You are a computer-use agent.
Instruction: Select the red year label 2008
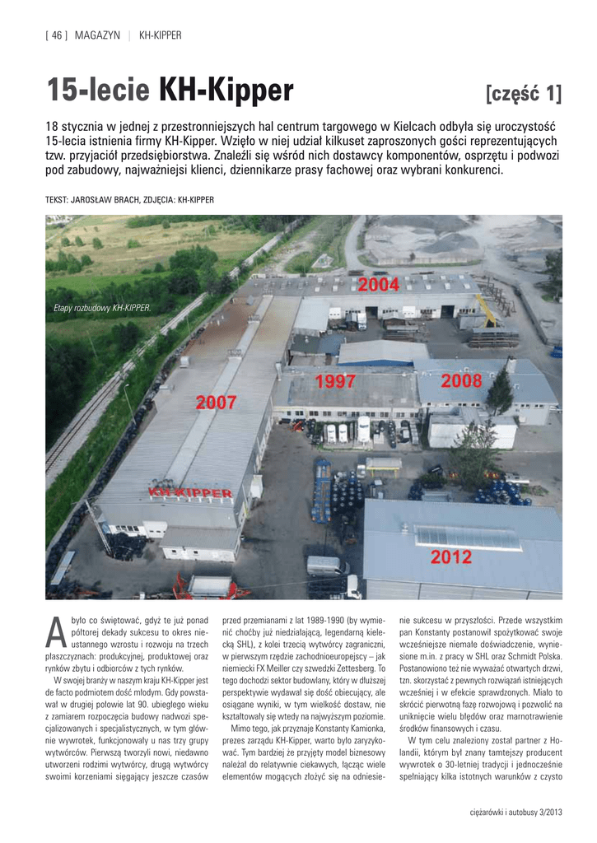[462, 381]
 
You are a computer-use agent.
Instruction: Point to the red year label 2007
[216, 403]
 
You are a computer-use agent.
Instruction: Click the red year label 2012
[451, 557]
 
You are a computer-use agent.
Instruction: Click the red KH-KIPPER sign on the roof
[189, 491]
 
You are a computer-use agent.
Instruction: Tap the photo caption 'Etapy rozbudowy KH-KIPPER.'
[102, 308]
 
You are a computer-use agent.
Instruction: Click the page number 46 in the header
[58, 35]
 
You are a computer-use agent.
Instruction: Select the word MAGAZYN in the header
[97, 35]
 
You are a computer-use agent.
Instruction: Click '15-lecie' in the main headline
[98, 91]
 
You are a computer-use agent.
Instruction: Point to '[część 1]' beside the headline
[525, 94]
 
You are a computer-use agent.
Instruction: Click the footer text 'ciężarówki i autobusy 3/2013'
[511, 815]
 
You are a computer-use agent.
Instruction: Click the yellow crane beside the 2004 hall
[487, 310]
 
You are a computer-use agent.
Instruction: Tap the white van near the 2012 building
[327, 566]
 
